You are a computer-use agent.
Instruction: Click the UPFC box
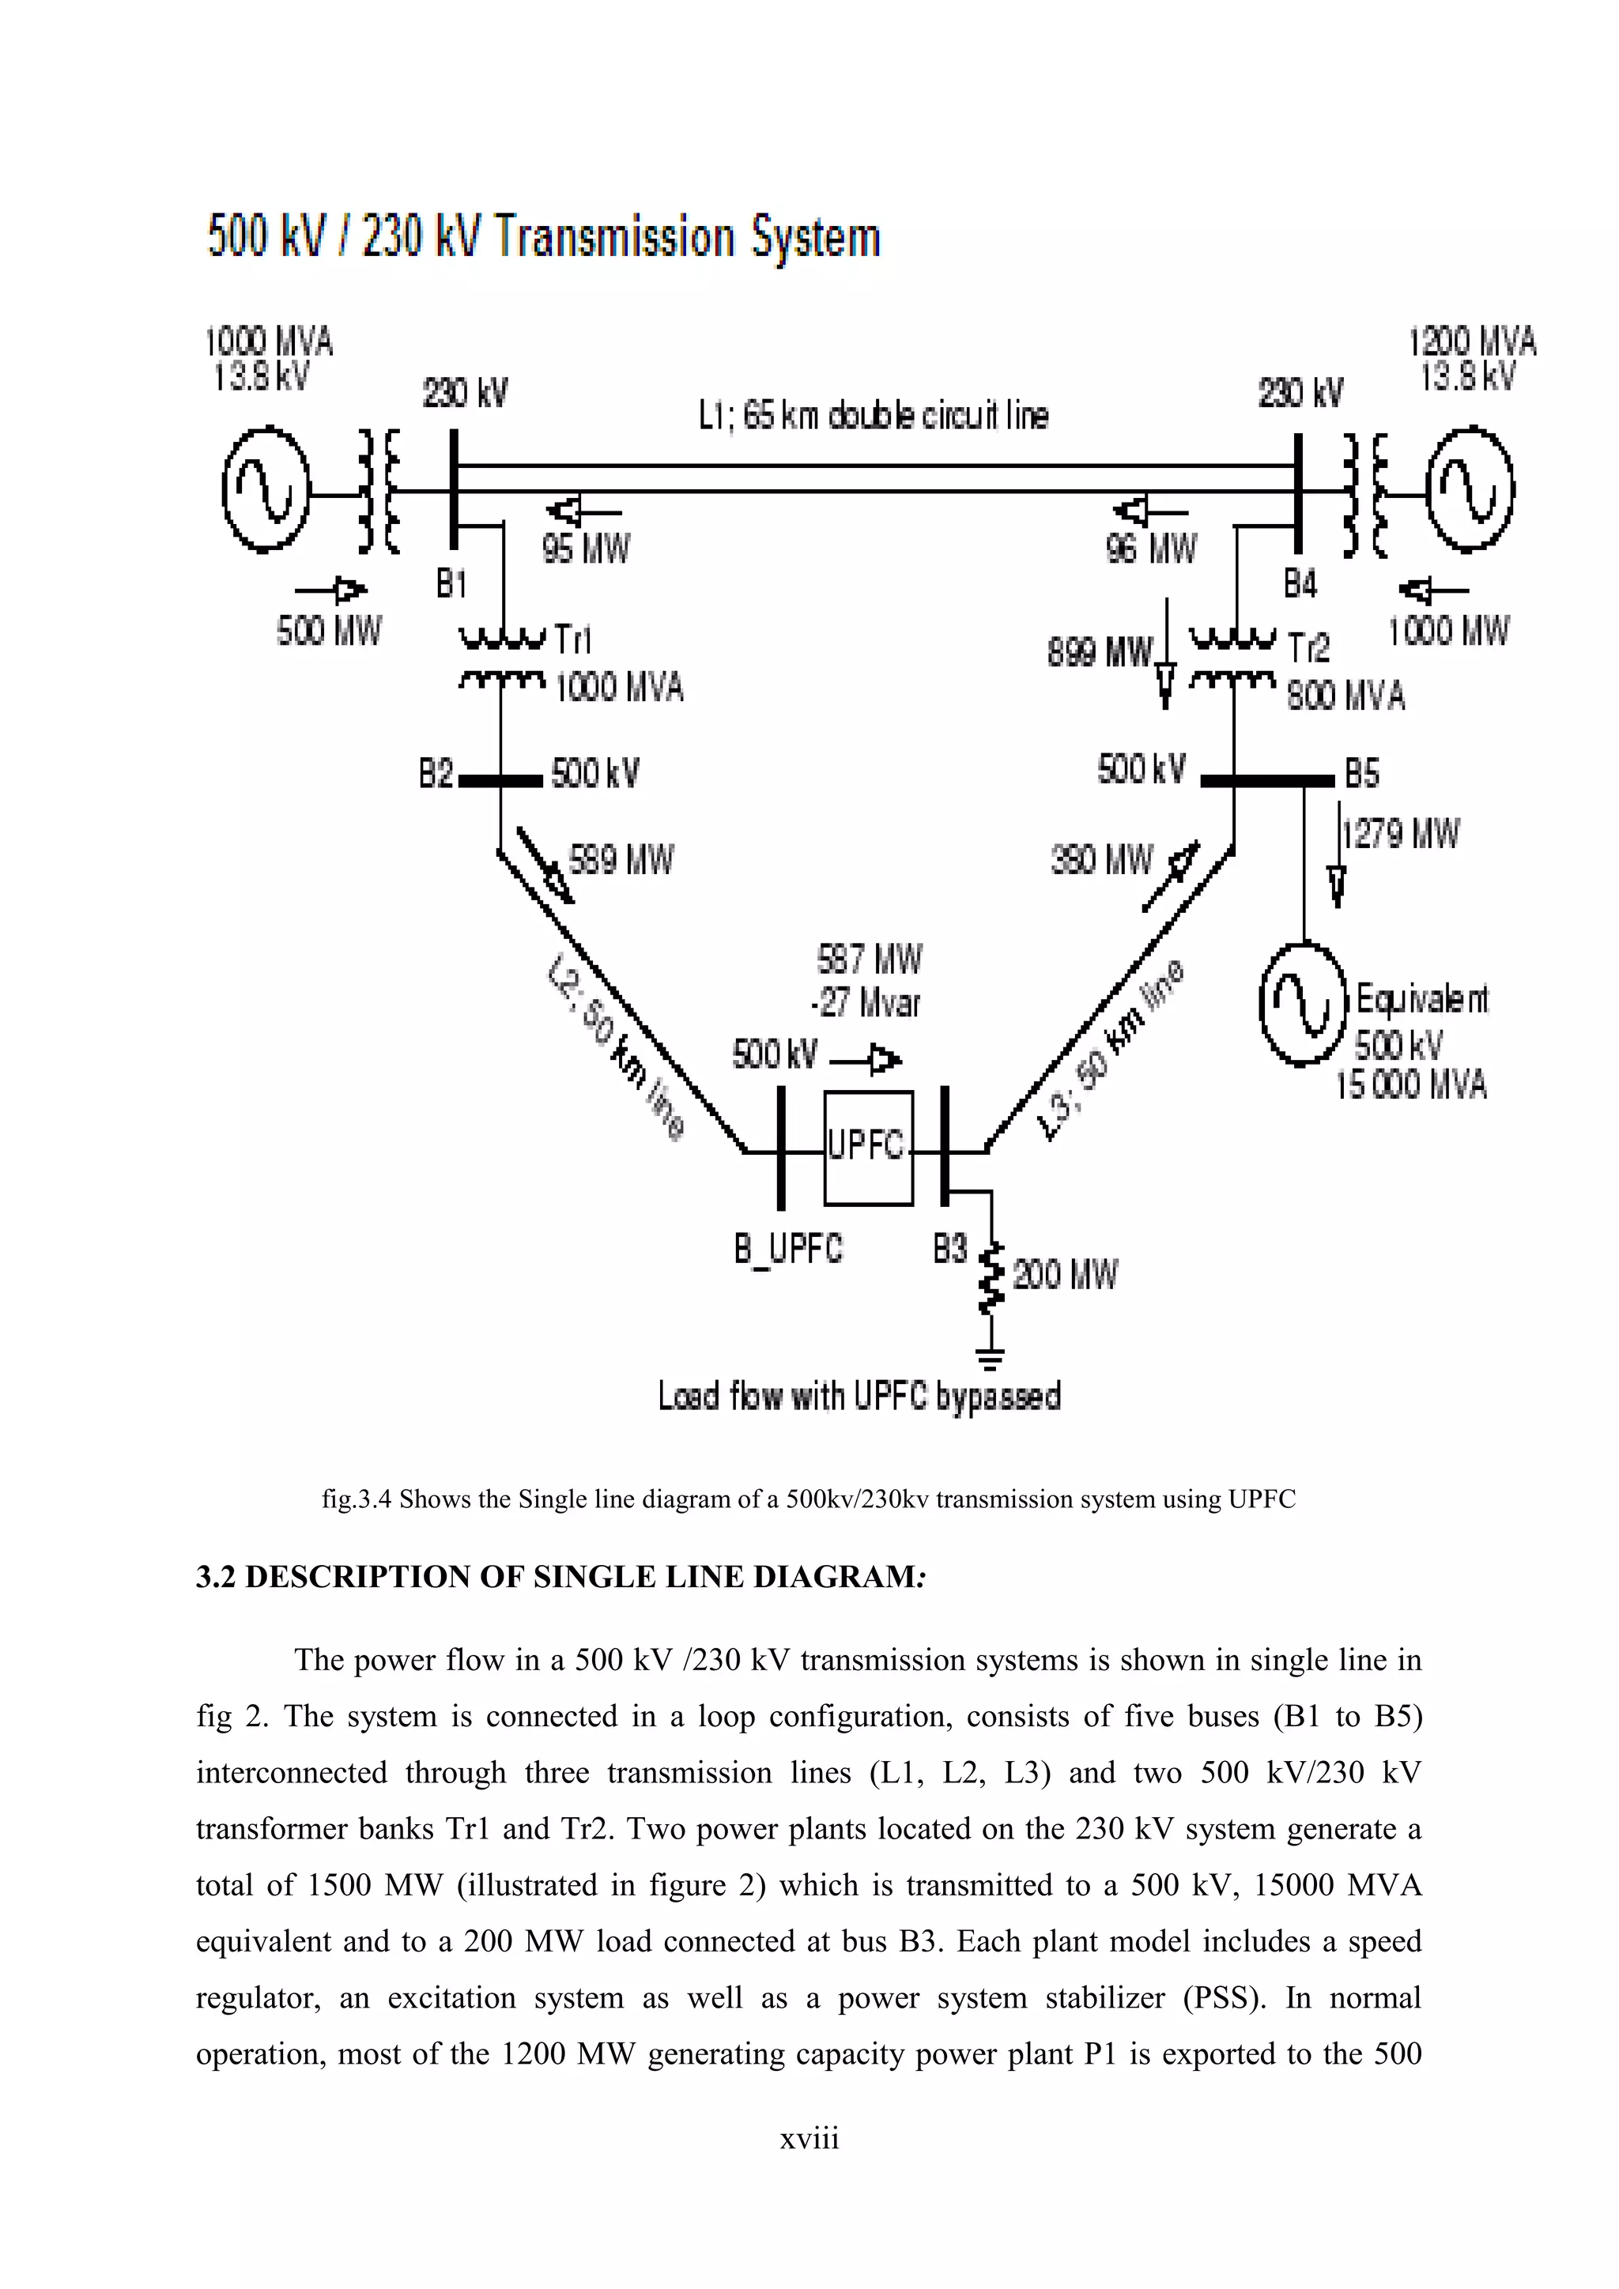866,1147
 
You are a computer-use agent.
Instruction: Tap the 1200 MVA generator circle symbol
1470,488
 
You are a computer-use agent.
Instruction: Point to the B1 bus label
451,584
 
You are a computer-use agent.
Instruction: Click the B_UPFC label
787,1248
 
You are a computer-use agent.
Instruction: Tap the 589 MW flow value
620,859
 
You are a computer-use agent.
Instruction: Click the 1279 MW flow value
1401,833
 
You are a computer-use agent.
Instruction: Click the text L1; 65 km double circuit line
874,416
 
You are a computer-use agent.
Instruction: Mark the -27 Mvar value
866,1003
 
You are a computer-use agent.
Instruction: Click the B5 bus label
1362,774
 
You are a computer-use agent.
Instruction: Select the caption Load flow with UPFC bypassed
859,1396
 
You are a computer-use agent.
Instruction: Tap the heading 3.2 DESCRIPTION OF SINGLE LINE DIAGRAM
561,1577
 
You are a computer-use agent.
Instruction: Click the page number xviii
809,2139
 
